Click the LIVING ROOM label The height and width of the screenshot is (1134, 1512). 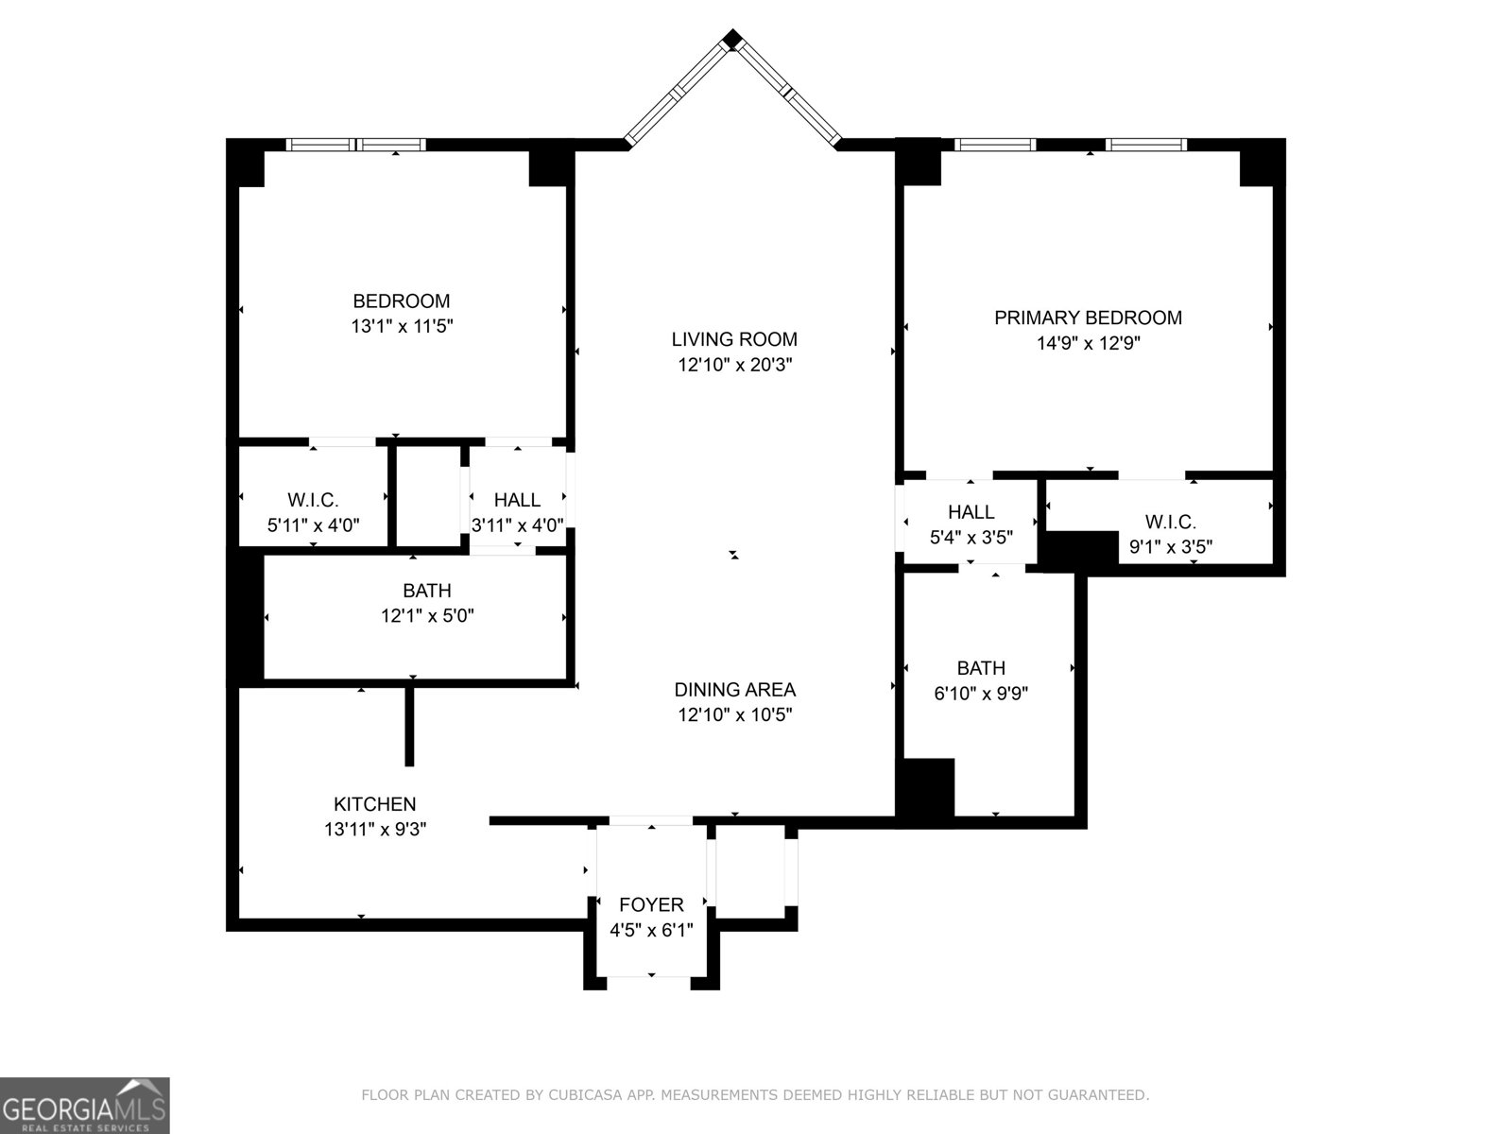click(x=734, y=339)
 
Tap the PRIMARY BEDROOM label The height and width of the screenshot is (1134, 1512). click(x=1088, y=318)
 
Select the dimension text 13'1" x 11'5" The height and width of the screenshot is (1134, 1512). click(x=396, y=327)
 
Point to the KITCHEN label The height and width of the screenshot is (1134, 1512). click(x=374, y=804)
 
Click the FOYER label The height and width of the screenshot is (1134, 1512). click(x=651, y=905)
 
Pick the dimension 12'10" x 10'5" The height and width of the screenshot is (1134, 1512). click(x=734, y=715)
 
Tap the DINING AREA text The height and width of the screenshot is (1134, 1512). click(x=734, y=690)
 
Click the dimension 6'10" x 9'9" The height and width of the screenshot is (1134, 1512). click(x=981, y=694)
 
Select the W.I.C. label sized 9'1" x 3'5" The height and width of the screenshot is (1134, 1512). click(x=1171, y=522)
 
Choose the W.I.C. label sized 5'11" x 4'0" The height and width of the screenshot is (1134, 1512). click(x=313, y=500)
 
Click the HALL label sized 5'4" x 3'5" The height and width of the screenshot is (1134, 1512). click(x=971, y=512)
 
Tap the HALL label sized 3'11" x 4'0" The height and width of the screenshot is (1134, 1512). click(x=517, y=500)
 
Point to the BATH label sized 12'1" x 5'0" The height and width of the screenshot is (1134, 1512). click(x=426, y=591)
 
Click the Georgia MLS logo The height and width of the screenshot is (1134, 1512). click(x=85, y=1105)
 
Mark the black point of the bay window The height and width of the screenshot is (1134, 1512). click(x=732, y=39)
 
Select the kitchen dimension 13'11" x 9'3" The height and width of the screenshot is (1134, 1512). click(x=375, y=830)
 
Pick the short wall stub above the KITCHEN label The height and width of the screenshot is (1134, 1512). click(x=409, y=726)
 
